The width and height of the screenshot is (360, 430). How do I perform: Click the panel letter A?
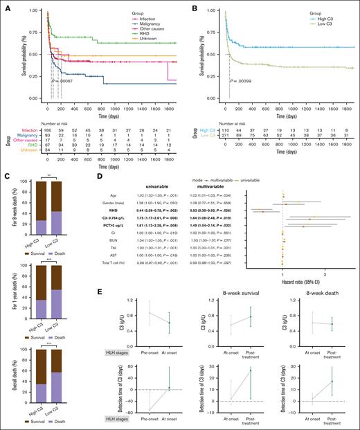click(x=6, y=6)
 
